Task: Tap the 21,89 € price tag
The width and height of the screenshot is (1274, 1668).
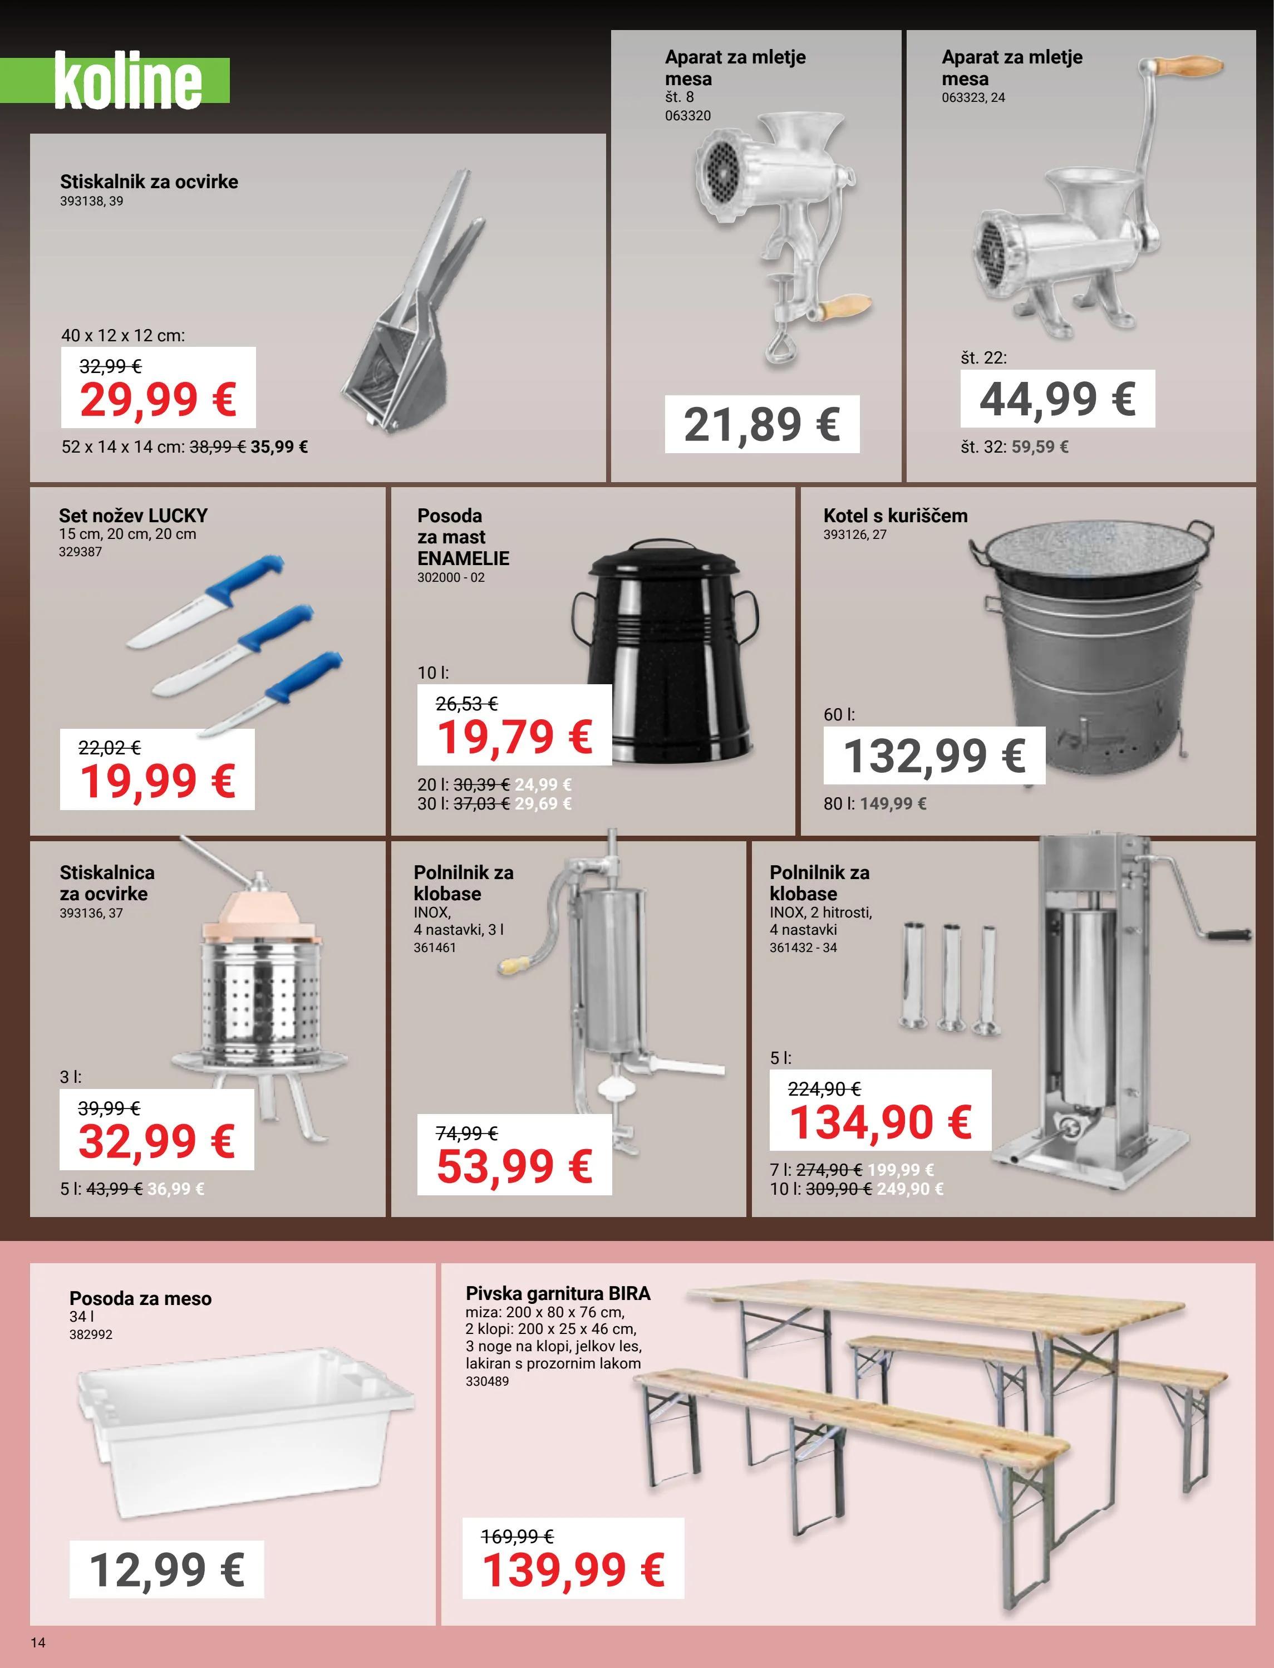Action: (x=761, y=424)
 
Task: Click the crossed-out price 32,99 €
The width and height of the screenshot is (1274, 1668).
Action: (x=111, y=366)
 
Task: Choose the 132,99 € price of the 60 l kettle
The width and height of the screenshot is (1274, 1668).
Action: (x=934, y=755)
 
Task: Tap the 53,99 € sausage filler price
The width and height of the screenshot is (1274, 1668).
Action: (x=514, y=1166)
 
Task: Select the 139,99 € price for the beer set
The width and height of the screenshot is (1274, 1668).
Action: (x=573, y=1570)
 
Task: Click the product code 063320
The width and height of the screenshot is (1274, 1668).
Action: (x=688, y=115)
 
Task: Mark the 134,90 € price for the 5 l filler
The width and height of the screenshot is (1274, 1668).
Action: (x=879, y=1122)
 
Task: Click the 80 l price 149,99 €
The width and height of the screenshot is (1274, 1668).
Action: (x=893, y=803)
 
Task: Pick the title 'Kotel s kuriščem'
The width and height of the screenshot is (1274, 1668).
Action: (x=895, y=516)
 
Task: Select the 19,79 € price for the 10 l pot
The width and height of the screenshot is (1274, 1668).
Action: (x=514, y=737)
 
